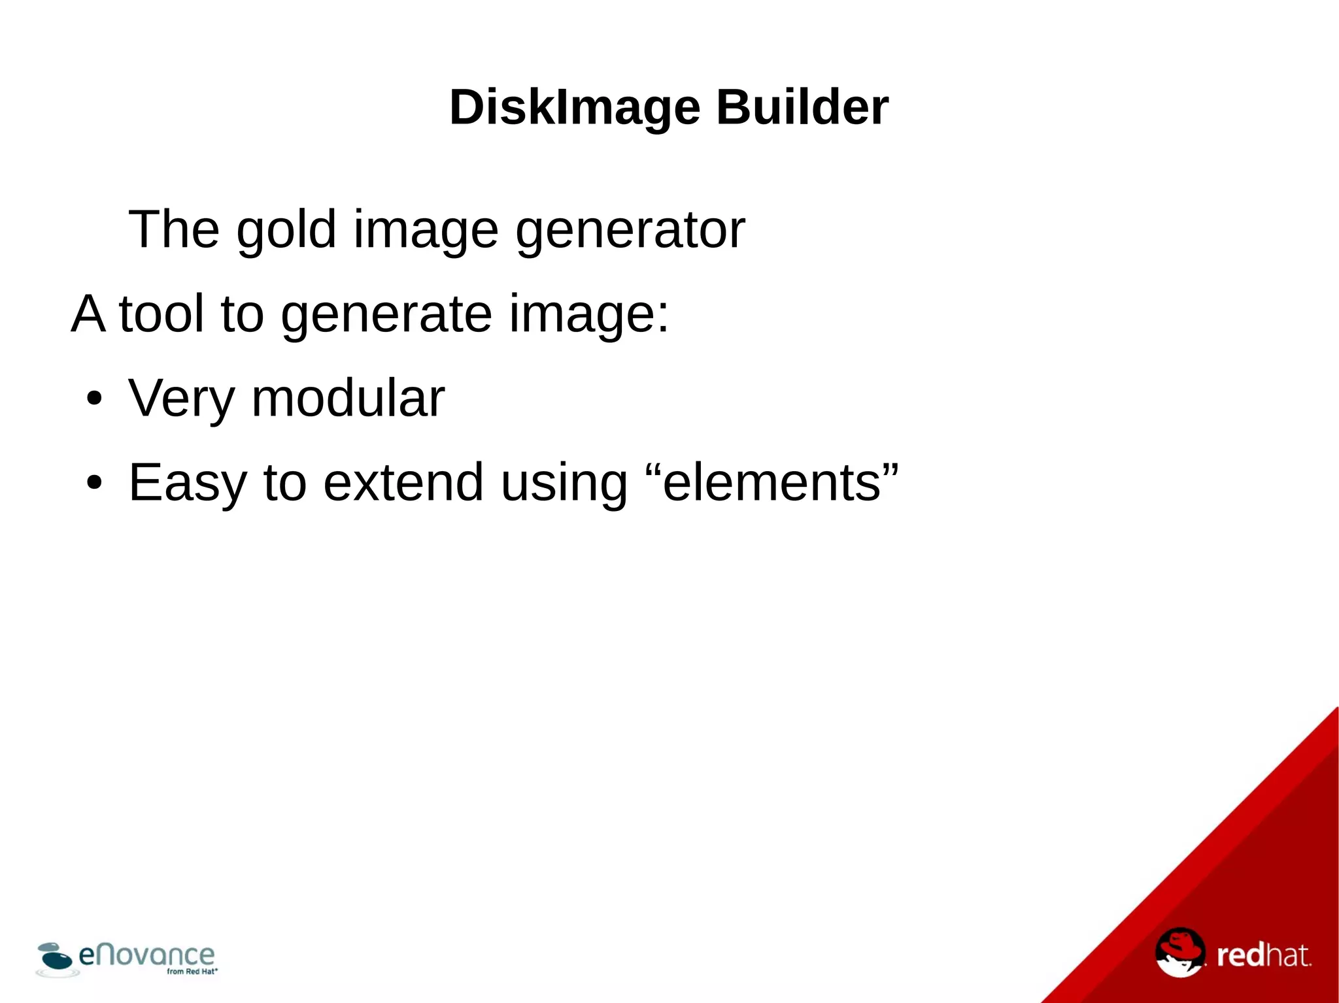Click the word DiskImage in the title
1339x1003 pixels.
(x=575, y=107)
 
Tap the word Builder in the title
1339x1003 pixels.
(x=802, y=107)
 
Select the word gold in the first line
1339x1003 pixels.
(x=286, y=230)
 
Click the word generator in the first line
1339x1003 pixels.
(x=630, y=230)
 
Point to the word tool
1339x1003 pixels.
(x=161, y=314)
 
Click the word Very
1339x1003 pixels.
(x=181, y=399)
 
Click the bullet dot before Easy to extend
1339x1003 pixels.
(x=94, y=483)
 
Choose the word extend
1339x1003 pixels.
(x=403, y=482)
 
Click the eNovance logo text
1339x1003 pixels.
(x=146, y=955)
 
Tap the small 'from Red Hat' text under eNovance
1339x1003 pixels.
(x=192, y=972)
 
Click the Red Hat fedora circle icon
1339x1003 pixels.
(x=1179, y=953)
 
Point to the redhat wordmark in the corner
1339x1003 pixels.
(x=1263, y=956)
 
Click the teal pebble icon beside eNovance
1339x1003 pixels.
(x=55, y=957)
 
